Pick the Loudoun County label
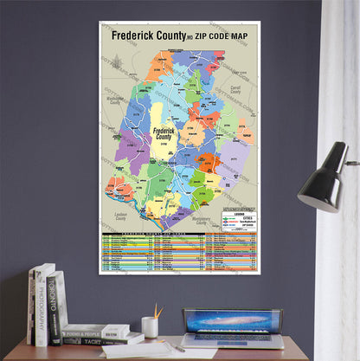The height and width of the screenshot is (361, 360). [120, 215]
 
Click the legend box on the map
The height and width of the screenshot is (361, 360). [237, 221]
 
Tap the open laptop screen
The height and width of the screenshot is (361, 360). [231, 322]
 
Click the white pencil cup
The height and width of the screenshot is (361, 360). [150, 326]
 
